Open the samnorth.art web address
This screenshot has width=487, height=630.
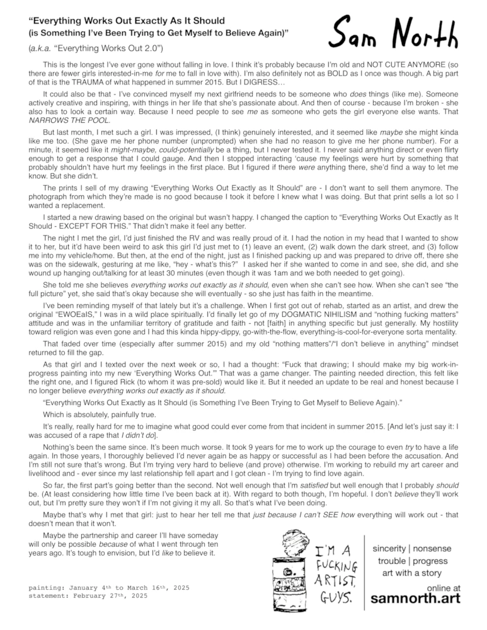(x=415, y=598)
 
